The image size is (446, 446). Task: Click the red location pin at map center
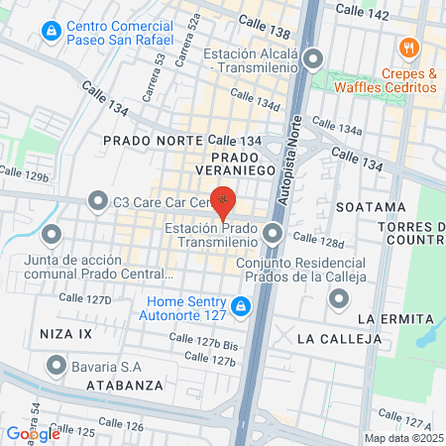pyautogui.click(x=223, y=201)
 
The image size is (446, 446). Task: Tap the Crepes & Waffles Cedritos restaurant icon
pyautogui.click(x=406, y=48)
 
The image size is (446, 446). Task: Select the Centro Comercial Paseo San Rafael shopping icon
pyautogui.click(x=50, y=32)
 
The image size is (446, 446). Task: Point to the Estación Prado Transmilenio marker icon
pyautogui.click(x=275, y=235)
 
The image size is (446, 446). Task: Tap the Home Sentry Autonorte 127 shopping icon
pyautogui.click(x=242, y=304)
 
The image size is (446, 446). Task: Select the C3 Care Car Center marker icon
pyautogui.click(x=97, y=202)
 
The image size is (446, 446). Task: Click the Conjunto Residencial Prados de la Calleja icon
pyautogui.click(x=339, y=296)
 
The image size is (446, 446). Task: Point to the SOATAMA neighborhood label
pyautogui.click(x=371, y=207)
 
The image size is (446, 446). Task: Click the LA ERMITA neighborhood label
pyautogui.click(x=395, y=318)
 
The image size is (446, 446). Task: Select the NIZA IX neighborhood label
pyautogui.click(x=72, y=334)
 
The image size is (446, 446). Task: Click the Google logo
pyautogui.click(x=33, y=433)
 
